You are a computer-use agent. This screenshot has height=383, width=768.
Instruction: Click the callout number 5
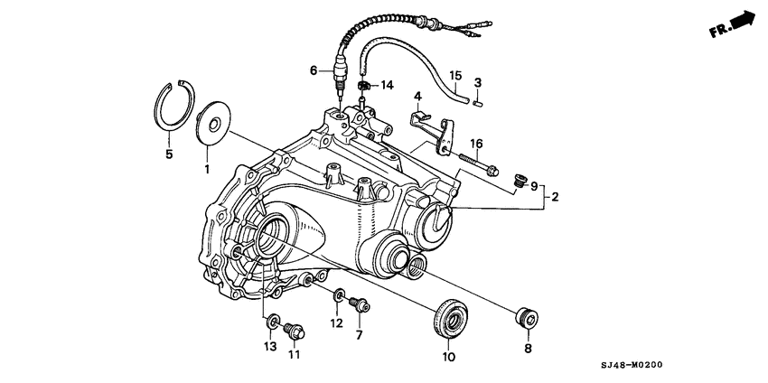pos(169,154)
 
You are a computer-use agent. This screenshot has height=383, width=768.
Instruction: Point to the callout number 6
pos(314,70)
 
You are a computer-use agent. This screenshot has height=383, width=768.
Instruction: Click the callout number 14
pos(388,85)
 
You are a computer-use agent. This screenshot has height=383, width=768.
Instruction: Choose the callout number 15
pos(456,75)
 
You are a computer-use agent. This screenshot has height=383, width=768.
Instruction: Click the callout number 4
pos(418,96)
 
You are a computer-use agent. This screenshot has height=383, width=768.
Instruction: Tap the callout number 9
pos(533,187)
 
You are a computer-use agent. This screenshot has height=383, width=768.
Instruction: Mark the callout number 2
pos(554,196)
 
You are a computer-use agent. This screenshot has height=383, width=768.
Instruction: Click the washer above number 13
pos(272,321)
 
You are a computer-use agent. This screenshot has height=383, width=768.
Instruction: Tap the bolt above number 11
pos(292,331)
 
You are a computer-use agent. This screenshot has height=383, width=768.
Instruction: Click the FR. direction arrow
pos(733,23)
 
